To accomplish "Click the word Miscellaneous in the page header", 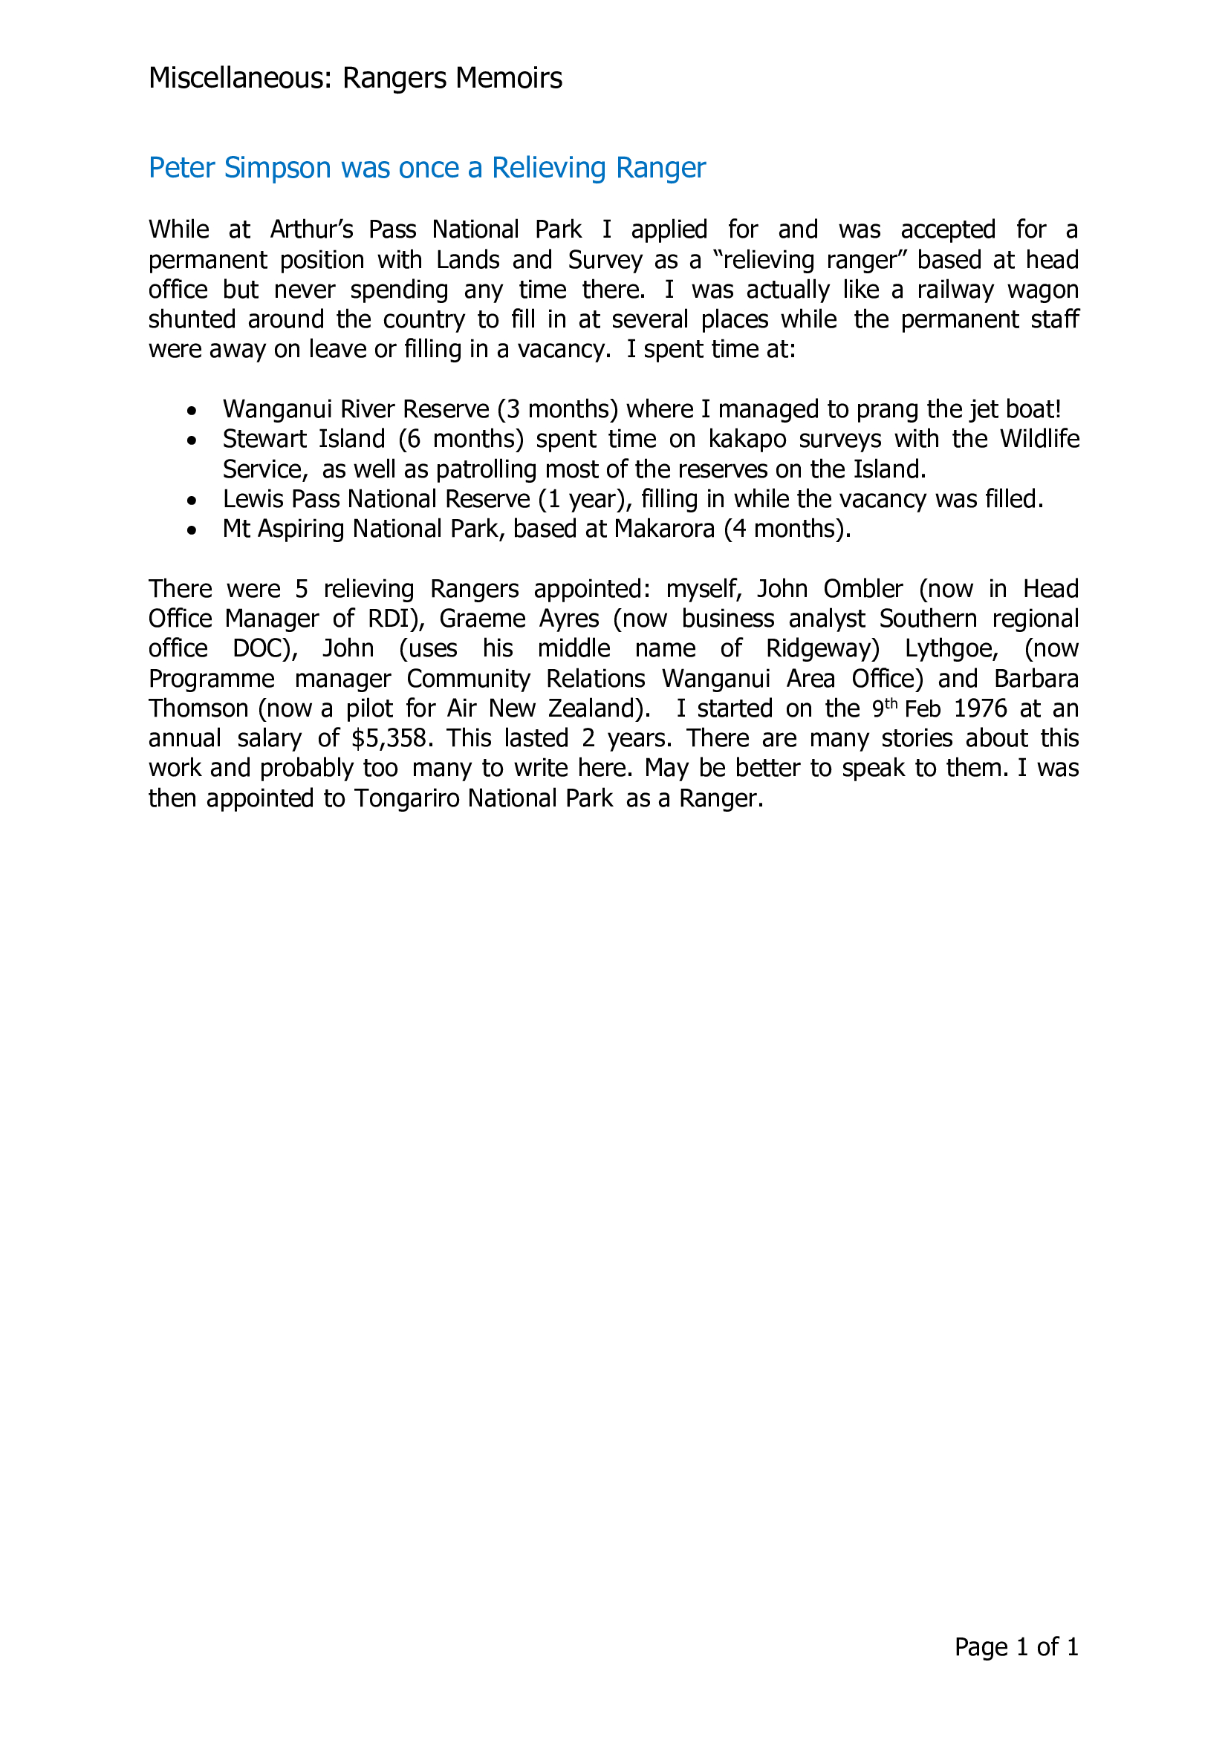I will click(239, 79).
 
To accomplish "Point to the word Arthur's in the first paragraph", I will click(312, 229).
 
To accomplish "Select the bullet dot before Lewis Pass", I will click(193, 501).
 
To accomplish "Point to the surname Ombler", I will click(862, 589).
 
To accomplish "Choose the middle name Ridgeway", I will click(822, 648).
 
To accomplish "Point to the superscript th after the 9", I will click(891, 703).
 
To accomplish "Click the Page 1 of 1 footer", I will click(1016, 1647).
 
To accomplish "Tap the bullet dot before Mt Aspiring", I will click(193, 530).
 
